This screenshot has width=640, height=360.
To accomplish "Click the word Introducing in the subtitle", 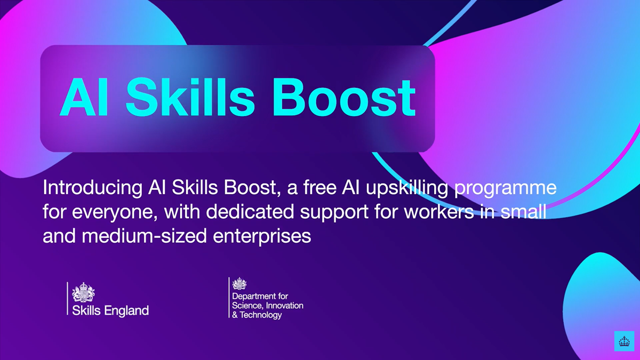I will (x=91, y=189).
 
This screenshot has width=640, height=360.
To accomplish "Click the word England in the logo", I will (x=126, y=310).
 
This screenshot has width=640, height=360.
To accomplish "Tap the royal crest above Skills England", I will (x=83, y=293).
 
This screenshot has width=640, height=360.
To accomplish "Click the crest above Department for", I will (x=240, y=284).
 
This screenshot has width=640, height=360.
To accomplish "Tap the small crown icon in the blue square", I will (x=623, y=341).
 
